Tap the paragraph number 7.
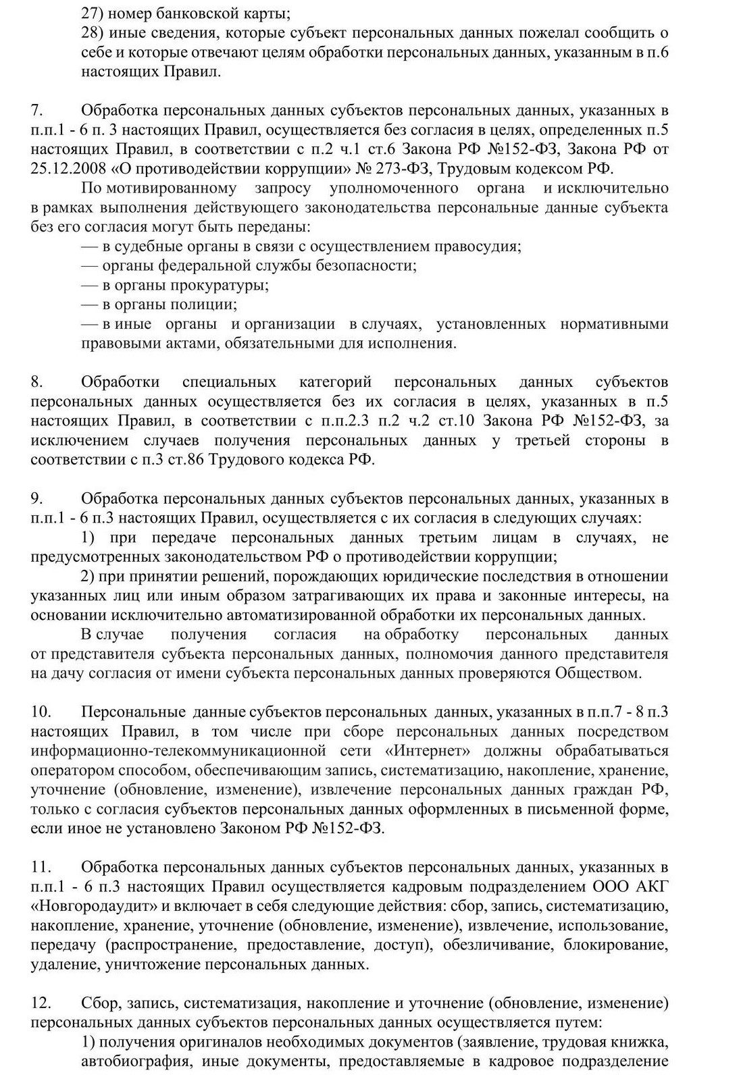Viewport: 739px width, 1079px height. (37, 110)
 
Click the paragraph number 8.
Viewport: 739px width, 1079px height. (37, 382)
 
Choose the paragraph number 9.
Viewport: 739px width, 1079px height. (37, 499)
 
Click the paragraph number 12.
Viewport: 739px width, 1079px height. (40, 1003)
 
